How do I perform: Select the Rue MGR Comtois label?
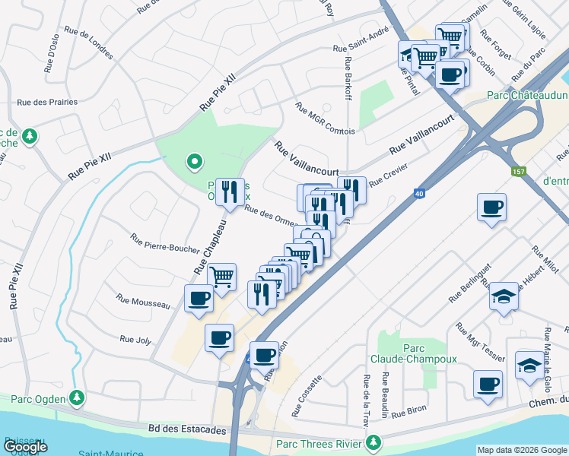tap(325, 119)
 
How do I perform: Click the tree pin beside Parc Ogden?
tap(77, 397)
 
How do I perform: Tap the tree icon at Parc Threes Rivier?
tap(373, 442)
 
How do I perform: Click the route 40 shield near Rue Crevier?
tap(419, 195)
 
